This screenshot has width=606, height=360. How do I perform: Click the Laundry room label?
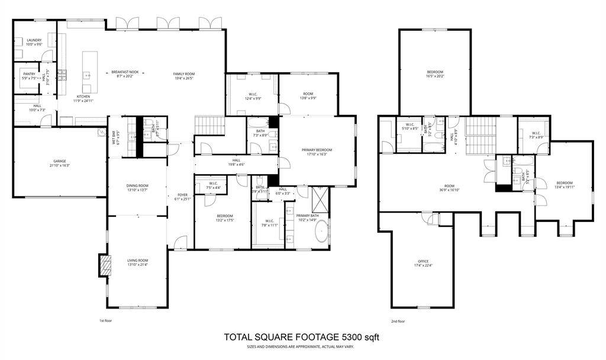pyautogui.click(x=34, y=40)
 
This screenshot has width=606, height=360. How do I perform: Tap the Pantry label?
pyautogui.click(x=29, y=74)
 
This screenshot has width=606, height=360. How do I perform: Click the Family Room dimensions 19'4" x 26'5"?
pyautogui.click(x=184, y=78)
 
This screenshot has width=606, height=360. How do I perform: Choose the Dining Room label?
pyautogui.click(x=136, y=185)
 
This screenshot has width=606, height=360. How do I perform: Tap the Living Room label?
pyautogui.click(x=137, y=260)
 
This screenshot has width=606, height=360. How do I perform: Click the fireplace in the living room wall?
pyautogui.click(x=104, y=266)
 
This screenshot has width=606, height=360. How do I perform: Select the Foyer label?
pyautogui.click(x=182, y=195)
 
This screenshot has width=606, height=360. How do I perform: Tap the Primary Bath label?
pyautogui.click(x=307, y=216)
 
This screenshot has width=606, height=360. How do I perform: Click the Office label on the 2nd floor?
pyautogui.click(x=423, y=261)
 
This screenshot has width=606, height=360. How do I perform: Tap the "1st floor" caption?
pyautogui.click(x=105, y=320)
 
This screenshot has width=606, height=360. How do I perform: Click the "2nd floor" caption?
pyautogui.click(x=398, y=321)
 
